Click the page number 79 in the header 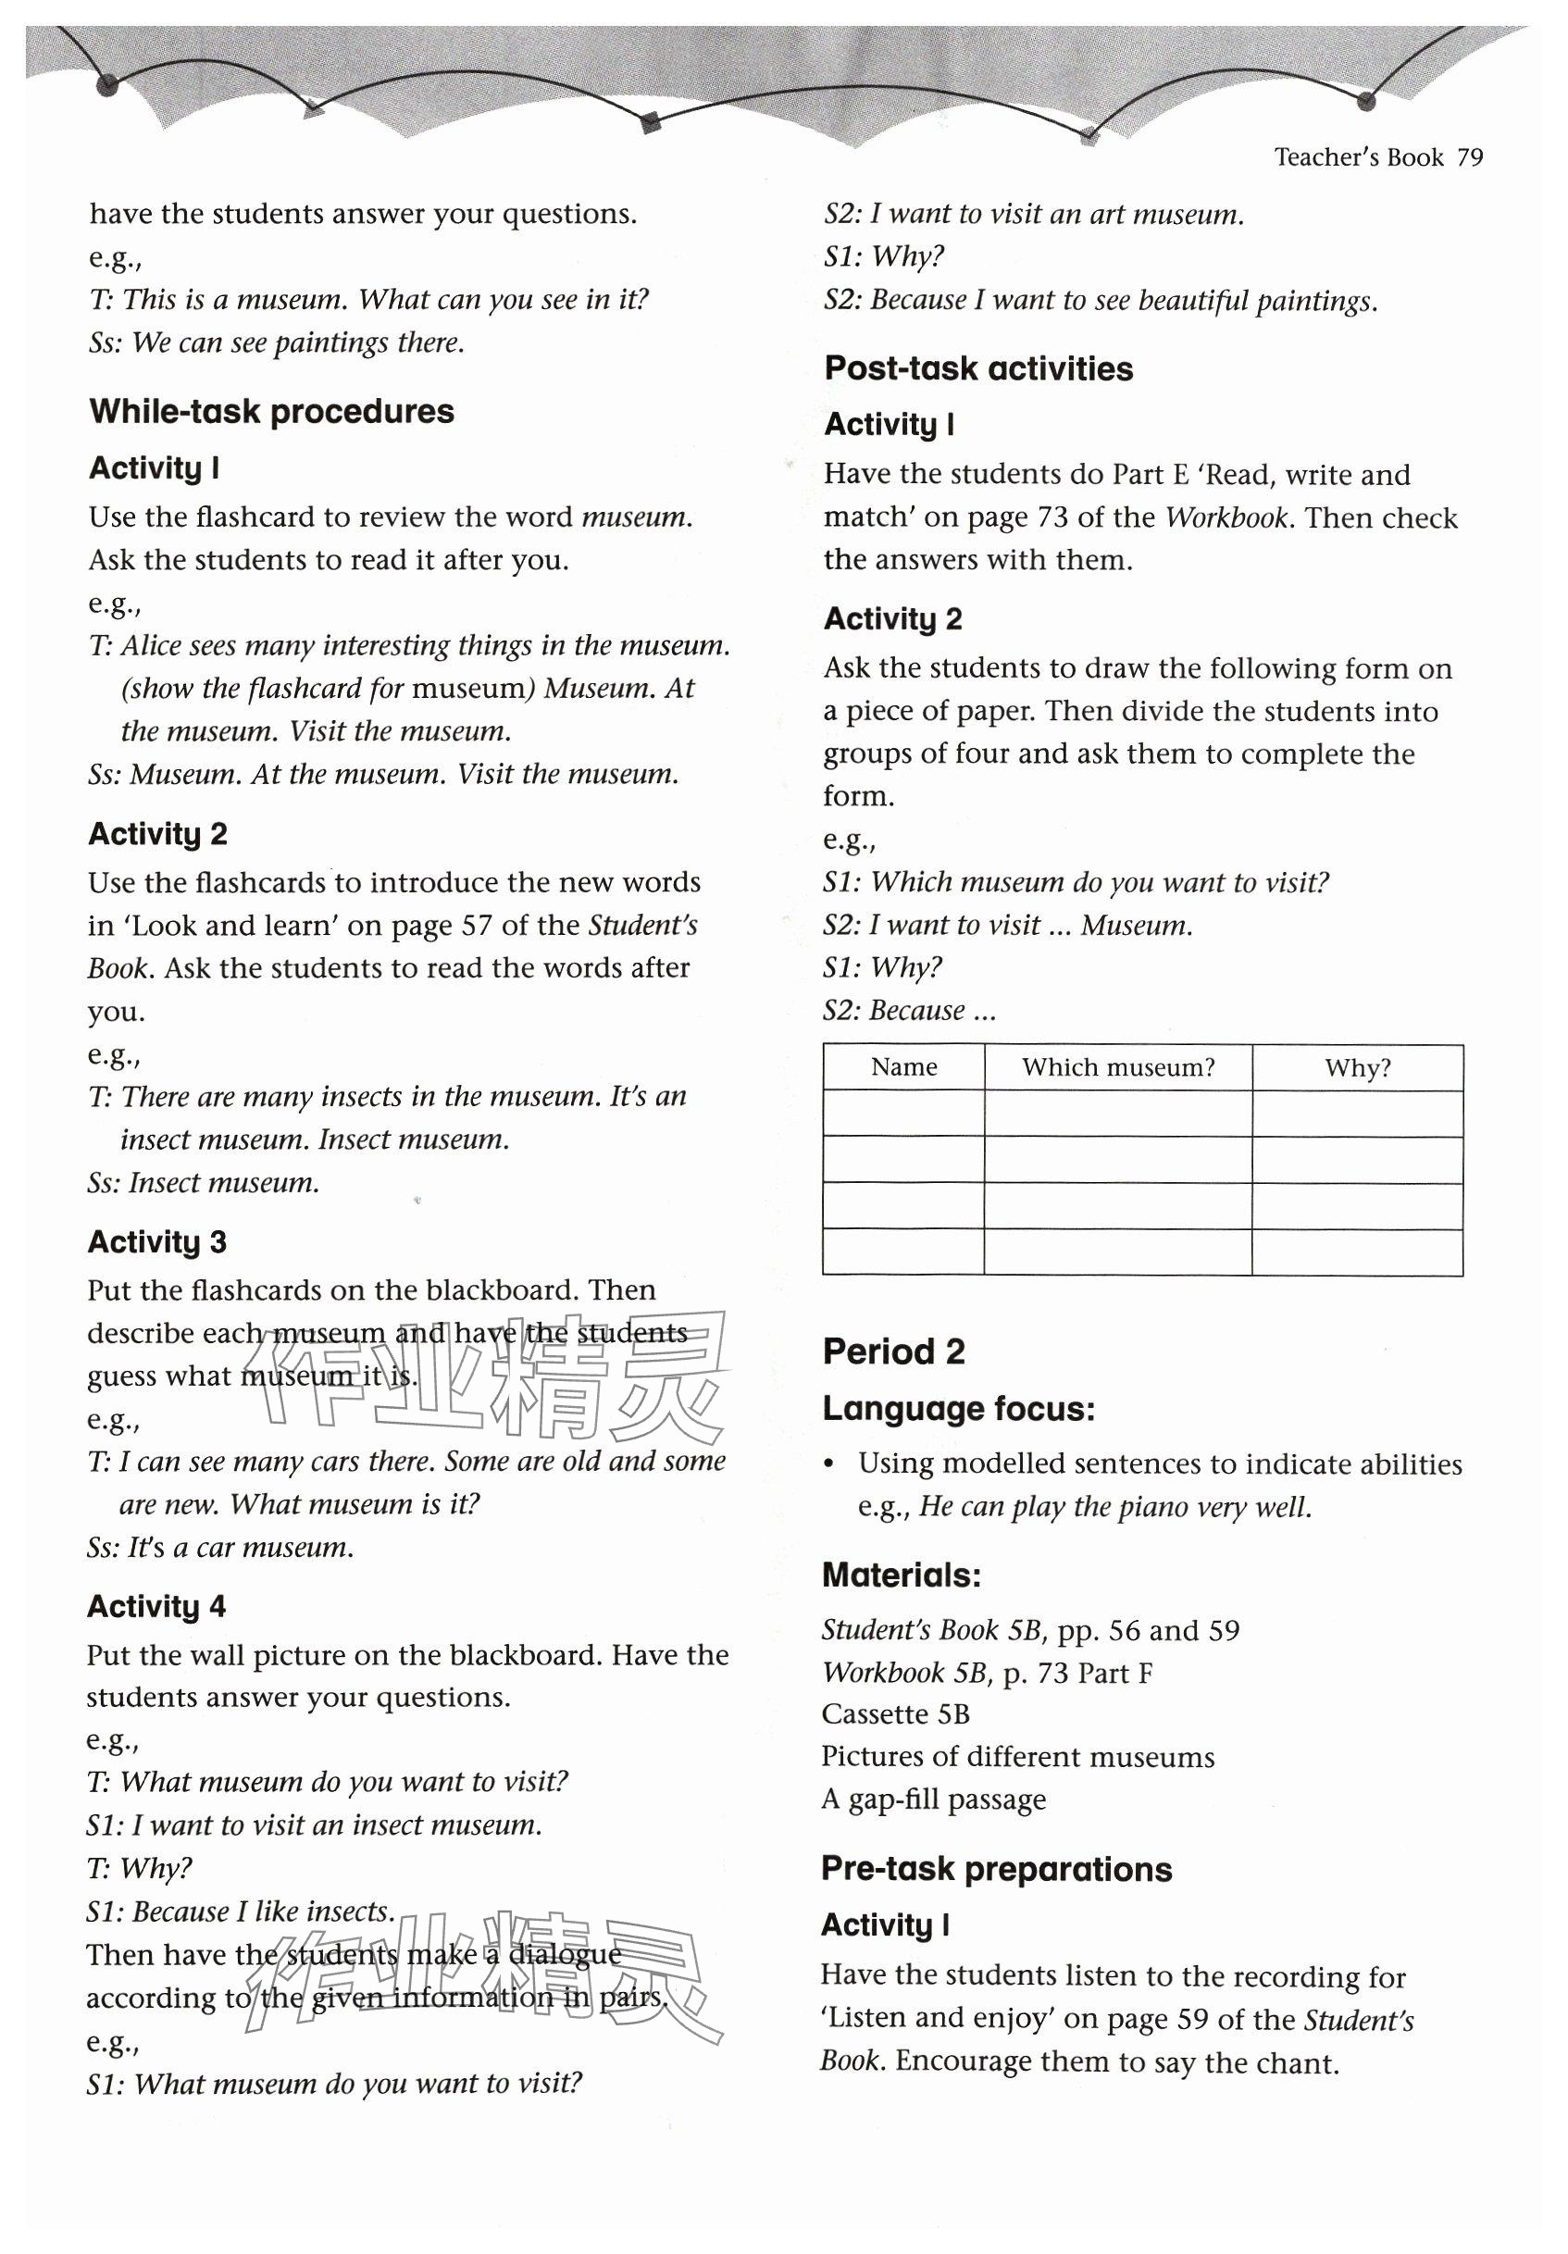pyautogui.click(x=1470, y=158)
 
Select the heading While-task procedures pyautogui.click(x=271, y=411)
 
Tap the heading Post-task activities pyautogui.click(x=977, y=369)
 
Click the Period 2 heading pyautogui.click(x=893, y=1351)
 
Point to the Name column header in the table pyautogui.click(x=903, y=1067)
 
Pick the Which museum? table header pyautogui.click(x=1117, y=1067)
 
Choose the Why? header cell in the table pyautogui.click(x=1357, y=1068)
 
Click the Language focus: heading pyautogui.click(x=958, y=1410)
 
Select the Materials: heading pyautogui.click(x=902, y=1575)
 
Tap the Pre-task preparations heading pyautogui.click(x=996, y=1869)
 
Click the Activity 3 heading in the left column pyautogui.click(x=157, y=1242)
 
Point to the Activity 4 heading pyautogui.click(x=156, y=1607)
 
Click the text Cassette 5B pyautogui.click(x=895, y=1714)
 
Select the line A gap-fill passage pyautogui.click(x=934, y=1799)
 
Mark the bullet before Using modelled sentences pyautogui.click(x=829, y=1463)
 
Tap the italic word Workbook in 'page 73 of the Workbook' pyautogui.click(x=1226, y=517)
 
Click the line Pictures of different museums pyautogui.click(x=1017, y=1757)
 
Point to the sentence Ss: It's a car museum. pyautogui.click(x=220, y=1548)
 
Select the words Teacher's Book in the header pyautogui.click(x=1358, y=158)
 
